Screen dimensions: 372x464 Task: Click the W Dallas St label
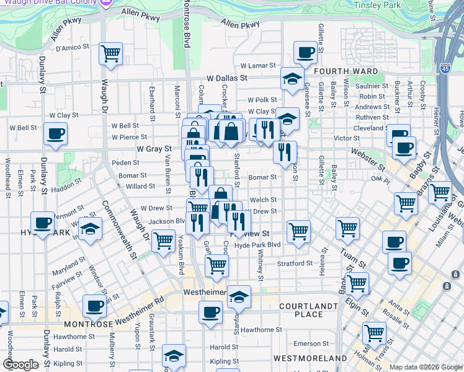tap(227, 79)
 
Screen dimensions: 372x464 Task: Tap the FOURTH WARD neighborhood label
tap(346, 71)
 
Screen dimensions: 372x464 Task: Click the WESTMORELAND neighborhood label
tap(310, 358)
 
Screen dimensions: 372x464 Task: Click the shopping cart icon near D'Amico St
tap(110, 53)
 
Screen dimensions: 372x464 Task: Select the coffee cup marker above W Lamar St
tap(305, 53)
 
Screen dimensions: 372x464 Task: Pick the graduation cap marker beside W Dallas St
tap(292, 79)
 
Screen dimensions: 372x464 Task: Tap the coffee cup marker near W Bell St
tap(56, 134)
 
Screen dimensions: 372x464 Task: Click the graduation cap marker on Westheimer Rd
tap(239, 297)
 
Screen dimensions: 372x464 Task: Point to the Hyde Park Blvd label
tap(258, 245)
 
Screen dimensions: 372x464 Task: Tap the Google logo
tap(20, 365)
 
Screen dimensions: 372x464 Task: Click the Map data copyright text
tap(425, 367)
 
